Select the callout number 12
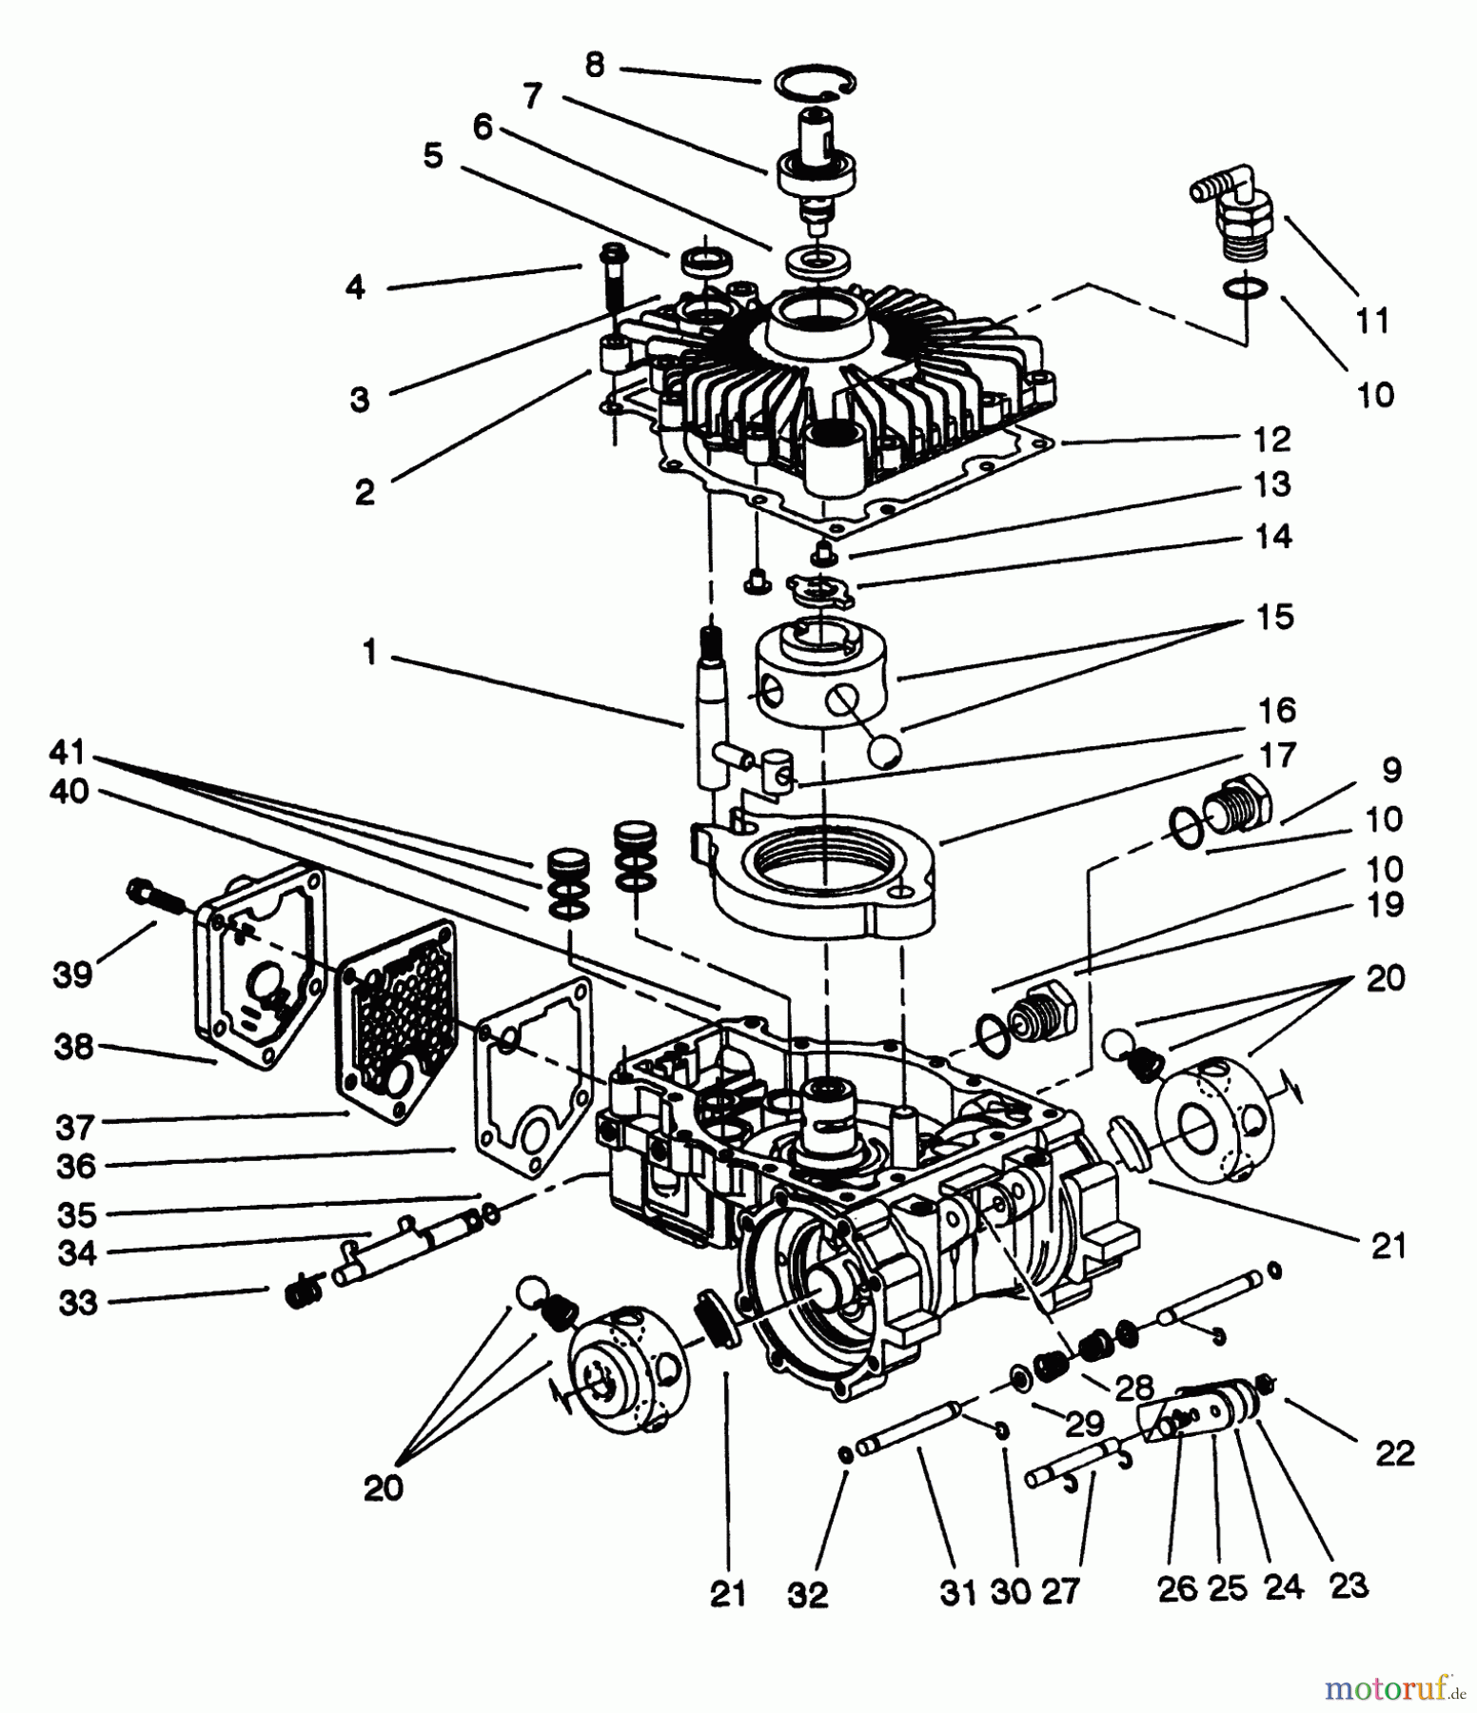[x=1272, y=440]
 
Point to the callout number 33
[x=78, y=1302]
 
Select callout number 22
[x=1394, y=1452]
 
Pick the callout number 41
[x=68, y=753]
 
